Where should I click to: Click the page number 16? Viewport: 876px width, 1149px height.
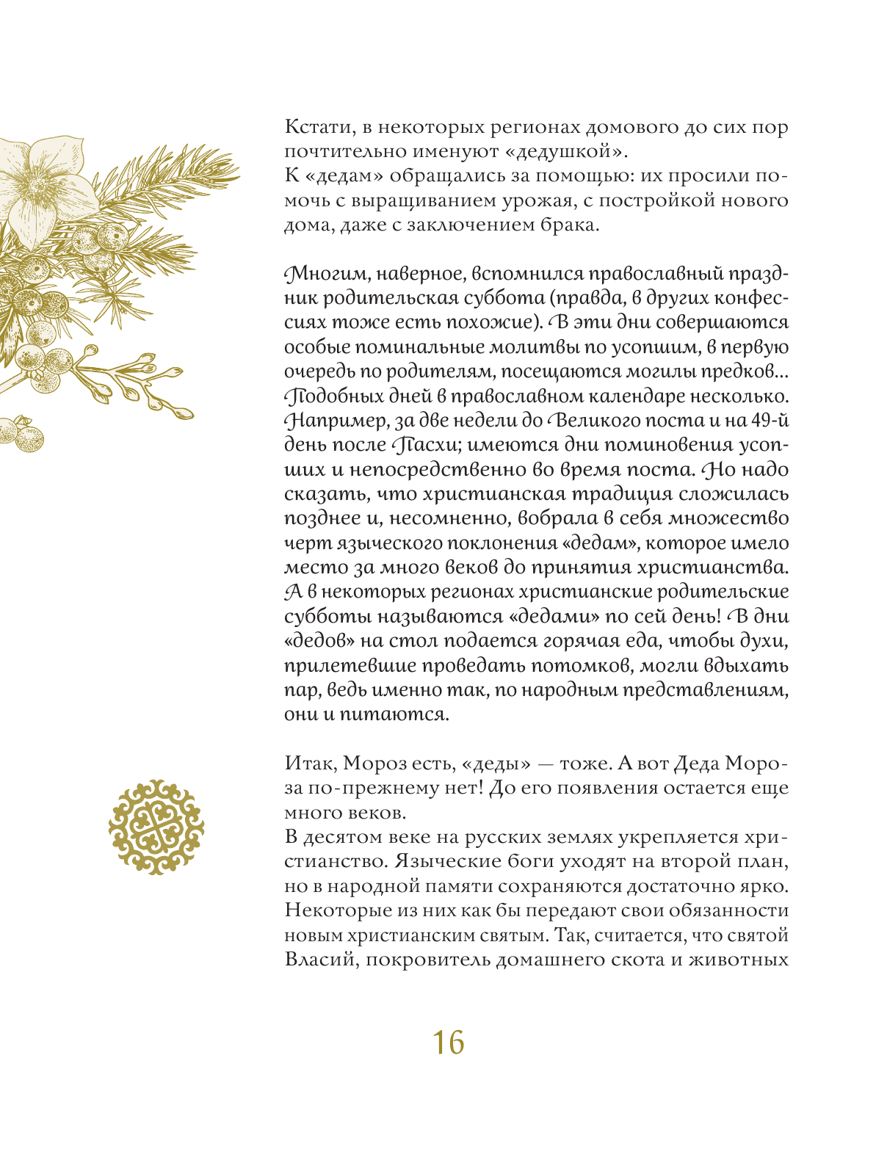click(x=448, y=1043)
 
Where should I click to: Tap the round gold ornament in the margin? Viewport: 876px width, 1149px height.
click(x=156, y=827)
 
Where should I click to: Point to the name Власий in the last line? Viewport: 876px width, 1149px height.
click(x=320, y=960)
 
